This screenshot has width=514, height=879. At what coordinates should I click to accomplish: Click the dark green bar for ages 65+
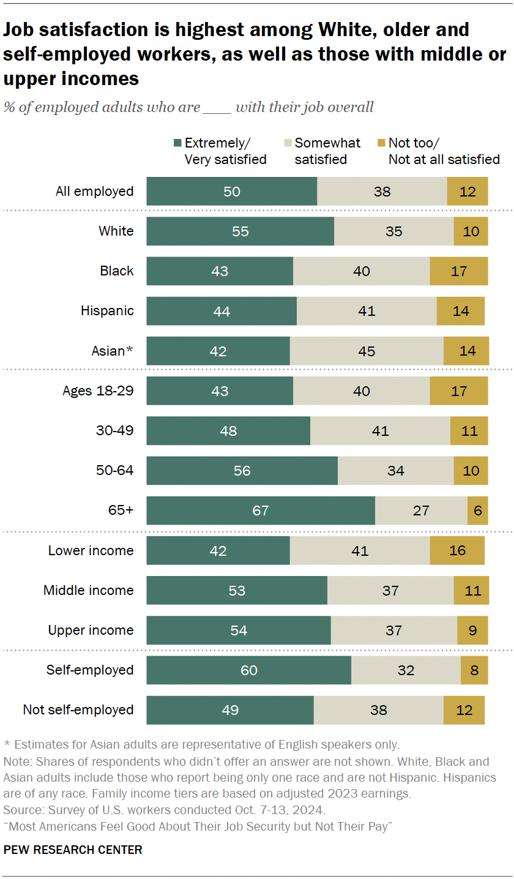pos(261,511)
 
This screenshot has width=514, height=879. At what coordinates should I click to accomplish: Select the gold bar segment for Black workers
pos(459,271)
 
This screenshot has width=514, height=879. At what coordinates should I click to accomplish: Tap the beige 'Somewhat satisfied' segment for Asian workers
pos(367,351)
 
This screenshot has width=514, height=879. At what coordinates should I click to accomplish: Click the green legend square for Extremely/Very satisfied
pos(177,143)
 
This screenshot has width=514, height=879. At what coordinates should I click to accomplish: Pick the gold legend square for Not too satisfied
pos(381,143)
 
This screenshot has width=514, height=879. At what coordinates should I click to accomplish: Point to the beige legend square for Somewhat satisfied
pos(287,143)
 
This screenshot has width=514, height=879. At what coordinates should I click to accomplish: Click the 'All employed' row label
pos(94,192)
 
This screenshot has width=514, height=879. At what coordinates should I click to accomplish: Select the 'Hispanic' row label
pos(107,311)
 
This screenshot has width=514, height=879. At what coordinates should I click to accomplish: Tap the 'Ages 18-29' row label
pos(98,391)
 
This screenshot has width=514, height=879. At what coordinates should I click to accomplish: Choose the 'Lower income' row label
pos(91,551)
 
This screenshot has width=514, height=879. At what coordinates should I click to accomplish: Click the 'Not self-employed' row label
pos(78,710)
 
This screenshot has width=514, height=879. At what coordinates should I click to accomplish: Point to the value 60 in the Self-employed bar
pos(248,670)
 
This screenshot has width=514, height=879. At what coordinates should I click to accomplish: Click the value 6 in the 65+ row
pos(478,511)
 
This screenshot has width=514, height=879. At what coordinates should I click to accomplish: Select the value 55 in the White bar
pos(240,231)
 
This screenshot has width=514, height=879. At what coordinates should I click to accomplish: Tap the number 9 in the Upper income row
pos(473,630)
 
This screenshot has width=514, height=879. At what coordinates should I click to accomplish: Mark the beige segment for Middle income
pos(390,591)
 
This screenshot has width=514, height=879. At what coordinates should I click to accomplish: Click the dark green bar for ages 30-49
pos(228,431)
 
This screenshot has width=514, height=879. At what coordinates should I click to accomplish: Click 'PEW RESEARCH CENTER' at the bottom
pos(73,850)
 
